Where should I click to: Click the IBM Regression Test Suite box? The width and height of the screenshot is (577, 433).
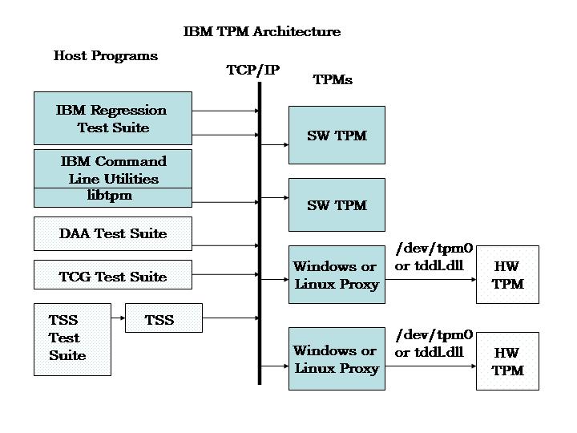click(x=112, y=118)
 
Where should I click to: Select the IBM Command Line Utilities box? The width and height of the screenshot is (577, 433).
click(x=112, y=168)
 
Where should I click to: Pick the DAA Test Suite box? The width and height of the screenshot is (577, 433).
click(x=112, y=233)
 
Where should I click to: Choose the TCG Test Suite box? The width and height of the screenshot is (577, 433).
click(x=112, y=275)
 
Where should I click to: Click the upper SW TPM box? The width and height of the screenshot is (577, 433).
click(x=337, y=135)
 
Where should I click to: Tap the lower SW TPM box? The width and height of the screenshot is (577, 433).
click(x=337, y=205)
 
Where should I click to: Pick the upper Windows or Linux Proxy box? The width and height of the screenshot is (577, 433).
click(x=337, y=275)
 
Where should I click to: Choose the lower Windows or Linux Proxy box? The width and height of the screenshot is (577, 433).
click(x=337, y=359)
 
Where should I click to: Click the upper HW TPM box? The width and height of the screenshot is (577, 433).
click(x=507, y=275)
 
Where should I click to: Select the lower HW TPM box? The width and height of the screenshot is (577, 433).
click(x=507, y=362)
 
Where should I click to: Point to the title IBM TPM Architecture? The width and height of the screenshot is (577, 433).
click(x=262, y=32)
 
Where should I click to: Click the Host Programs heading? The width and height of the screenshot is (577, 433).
click(x=106, y=56)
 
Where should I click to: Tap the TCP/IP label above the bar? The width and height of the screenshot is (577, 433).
click(x=253, y=71)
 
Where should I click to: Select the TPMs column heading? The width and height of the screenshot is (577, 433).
click(x=332, y=80)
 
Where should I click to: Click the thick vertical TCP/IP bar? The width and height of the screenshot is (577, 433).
click(x=260, y=241)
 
